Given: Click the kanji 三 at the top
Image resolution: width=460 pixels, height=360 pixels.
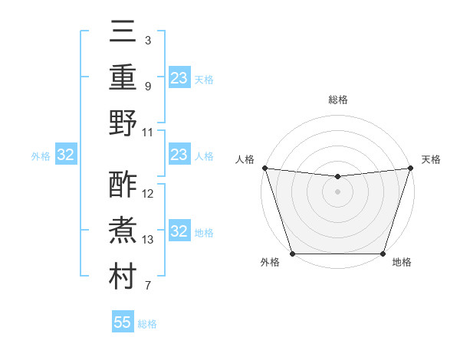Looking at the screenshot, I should click(123, 32).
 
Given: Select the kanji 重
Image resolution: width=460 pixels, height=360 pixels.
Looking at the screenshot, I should click(123, 77).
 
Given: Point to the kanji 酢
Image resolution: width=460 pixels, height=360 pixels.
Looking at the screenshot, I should click(123, 185).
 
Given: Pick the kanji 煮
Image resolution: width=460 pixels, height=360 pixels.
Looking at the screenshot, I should click(123, 231).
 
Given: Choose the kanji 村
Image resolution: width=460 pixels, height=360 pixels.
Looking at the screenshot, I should click(123, 277).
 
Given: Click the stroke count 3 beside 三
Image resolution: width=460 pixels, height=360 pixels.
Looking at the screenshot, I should click(147, 39).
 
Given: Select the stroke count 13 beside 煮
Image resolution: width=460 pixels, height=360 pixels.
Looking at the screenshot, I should click(148, 239).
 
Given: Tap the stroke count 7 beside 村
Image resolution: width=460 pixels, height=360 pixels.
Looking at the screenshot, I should click(147, 286).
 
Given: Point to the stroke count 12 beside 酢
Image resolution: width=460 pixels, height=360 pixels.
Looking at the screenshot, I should click(148, 193).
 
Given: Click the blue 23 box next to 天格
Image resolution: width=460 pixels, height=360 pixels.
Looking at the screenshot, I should click(179, 78).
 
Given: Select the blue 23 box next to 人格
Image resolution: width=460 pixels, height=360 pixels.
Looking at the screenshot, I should click(179, 155).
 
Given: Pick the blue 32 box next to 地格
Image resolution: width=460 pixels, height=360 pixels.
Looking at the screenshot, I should click(179, 232).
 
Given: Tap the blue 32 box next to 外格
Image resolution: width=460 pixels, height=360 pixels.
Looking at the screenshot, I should click(66, 155).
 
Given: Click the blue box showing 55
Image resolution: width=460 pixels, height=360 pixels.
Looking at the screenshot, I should click(123, 322).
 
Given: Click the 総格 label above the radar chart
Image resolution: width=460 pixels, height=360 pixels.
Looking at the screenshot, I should click(337, 100).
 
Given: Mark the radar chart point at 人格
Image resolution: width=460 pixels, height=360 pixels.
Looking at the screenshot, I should click(264, 168).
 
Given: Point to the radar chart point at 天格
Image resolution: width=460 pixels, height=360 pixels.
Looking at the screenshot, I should click(410, 168).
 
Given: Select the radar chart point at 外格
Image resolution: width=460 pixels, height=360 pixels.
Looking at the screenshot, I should click(292, 254).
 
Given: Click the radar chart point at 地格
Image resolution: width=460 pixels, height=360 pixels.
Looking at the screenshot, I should click(383, 254).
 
